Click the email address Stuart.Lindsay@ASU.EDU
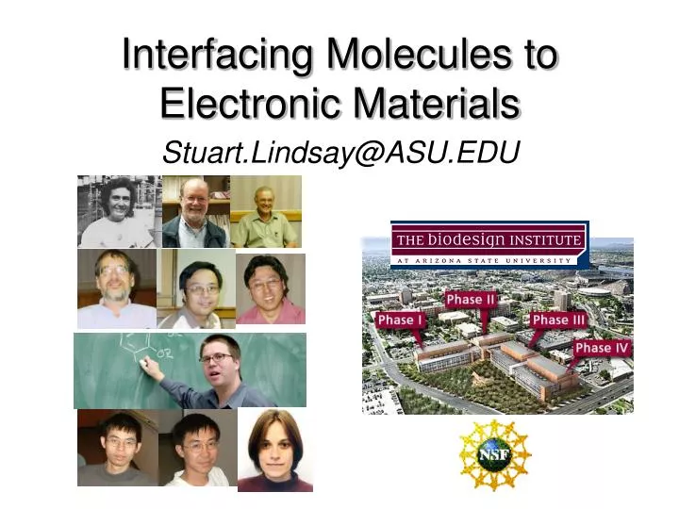click(341, 153)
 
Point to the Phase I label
click(401, 320)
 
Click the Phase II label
click(471, 300)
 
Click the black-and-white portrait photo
click(116, 211)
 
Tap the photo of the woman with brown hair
click(274, 451)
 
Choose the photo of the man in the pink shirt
click(271, 289)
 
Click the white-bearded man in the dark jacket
click(194, 212)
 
